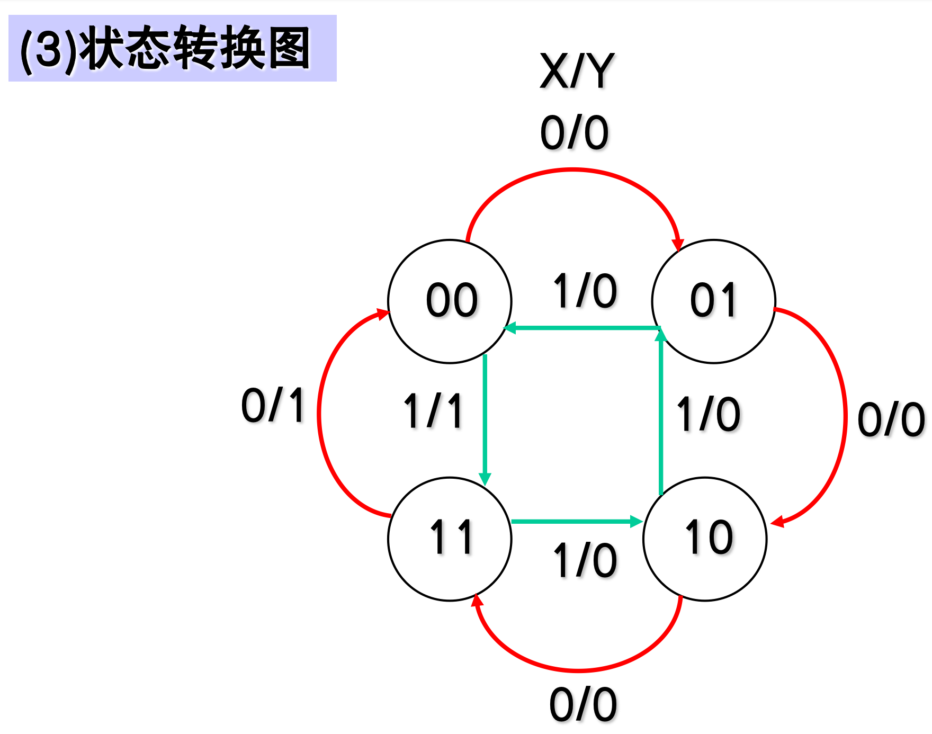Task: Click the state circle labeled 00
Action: coord(450,301)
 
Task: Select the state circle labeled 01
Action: coord(713,301)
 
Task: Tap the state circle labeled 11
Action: coord(450,539)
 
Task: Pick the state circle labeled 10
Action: coord(705,539)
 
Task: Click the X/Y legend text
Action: coord(577,71)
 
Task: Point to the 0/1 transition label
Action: coord(273,405)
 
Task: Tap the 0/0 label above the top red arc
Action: coord(575,132)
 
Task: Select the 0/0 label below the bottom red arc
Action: coord(583,705)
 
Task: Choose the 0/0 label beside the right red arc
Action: coord(891,419)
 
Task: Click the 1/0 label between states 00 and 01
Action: coord(585,291)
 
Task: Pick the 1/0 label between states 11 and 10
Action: coord(585,560)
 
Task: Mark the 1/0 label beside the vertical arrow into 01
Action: coord(709,414)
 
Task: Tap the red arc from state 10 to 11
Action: coord(577,670)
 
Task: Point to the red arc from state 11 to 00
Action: coord(319,413)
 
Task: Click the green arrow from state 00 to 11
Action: coord(485,418)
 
